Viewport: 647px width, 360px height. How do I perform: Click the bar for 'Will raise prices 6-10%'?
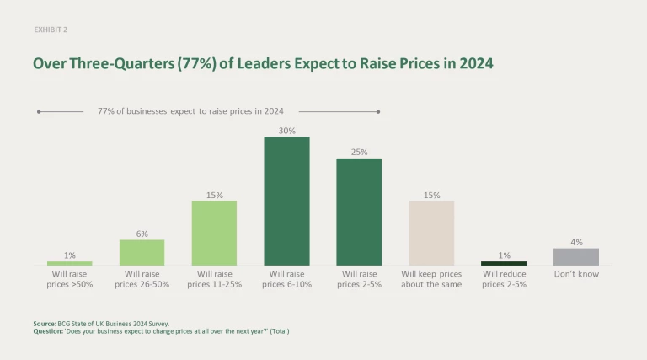click(286, 201)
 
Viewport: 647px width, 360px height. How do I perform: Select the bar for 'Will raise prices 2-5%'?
click(359, 212)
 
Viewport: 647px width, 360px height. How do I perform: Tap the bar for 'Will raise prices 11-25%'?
click(214, 234)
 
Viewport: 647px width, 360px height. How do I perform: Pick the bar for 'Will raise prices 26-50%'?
click(142, 253)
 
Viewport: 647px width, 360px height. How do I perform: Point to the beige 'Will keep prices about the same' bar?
click(431, 234)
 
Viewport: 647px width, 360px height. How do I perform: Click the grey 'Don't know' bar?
click(576, 257)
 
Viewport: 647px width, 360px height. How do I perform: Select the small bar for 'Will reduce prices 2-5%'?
click(504, 263)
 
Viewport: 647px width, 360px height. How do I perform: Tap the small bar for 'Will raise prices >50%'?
click(69, 263)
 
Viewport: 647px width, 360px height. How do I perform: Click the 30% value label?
click(286, 130)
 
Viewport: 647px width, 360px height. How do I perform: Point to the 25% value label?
click(359, 152)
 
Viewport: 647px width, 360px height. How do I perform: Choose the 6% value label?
click(142, 234)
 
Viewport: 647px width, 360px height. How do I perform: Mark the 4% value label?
click(576, 242)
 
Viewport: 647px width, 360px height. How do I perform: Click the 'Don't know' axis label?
click(576, 274)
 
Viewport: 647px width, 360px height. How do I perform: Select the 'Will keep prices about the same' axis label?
click(431, 279)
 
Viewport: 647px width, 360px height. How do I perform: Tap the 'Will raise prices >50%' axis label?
click(69, 279)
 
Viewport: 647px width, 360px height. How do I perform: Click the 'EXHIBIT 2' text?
click(51, 29)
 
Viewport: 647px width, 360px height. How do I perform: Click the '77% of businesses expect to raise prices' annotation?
click(190, 111)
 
